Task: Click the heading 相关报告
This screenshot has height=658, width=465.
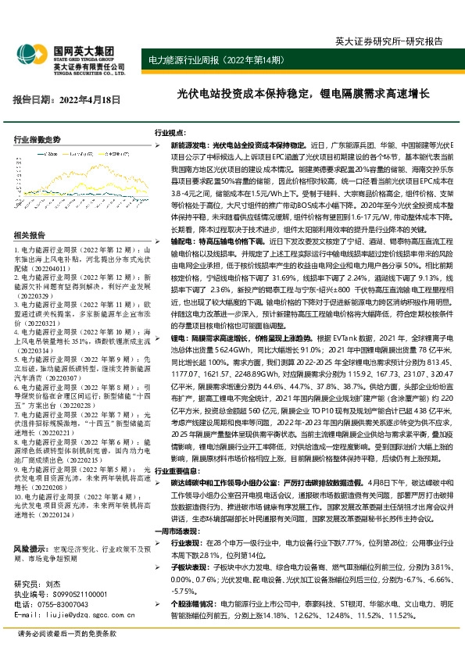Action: tap(30, 235)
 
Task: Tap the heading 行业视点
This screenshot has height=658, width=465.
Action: tap(170, 134)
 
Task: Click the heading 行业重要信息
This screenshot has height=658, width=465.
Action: tap(177, 472)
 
